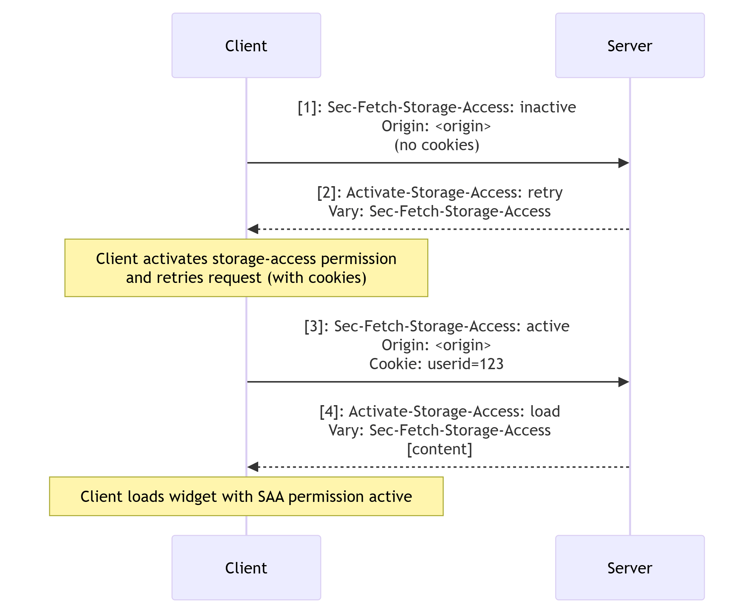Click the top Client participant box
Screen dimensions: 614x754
(x=246, y=45)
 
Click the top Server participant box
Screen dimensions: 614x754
(x=630, y=45)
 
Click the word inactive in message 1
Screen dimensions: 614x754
(x=548, y=107)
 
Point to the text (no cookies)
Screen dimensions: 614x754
(x=437, y=145)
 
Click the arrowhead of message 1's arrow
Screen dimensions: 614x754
(x=623, y=163)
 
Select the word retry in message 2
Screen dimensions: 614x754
(x=545, y=192)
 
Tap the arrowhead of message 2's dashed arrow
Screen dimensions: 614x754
(x=253, y=229)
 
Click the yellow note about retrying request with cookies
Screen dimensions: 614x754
(x=246, y=268)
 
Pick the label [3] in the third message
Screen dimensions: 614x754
(x=313, y=326)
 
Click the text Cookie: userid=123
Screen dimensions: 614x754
(x=436, y=364)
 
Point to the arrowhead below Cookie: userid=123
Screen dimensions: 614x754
(x=623, y=382)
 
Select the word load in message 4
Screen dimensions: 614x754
(x=545, y=411)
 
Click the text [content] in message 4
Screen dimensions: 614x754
(x=439, y=449)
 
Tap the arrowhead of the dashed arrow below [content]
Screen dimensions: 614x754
(x=253, y=467)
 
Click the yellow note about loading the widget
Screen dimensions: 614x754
(x=246, y=496)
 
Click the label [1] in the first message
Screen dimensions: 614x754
(x=307, y=107)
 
